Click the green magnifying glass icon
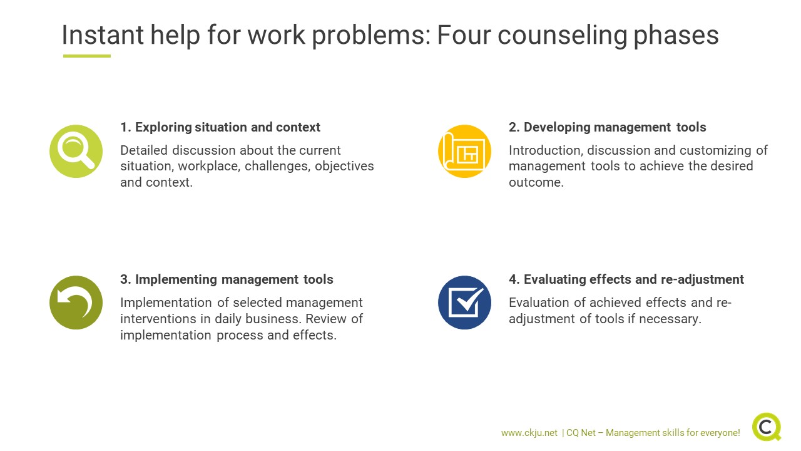pyautogui.click(x=76, y=151)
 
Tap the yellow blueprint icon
pyautogui.click(x=464, y=151)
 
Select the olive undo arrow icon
pyautogui.click(x=76, y=303)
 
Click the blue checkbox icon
pyautogui.click(x=464, y=303)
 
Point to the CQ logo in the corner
pyautogui.click(x=767, y=427)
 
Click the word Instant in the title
pyautogui.click(x=103, y=35)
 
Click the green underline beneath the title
pyautogui.click(x=87, y=56)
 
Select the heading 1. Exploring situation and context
pyautogui.click(x=220, y=127)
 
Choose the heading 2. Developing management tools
pyautogui.click(x=608, y=127)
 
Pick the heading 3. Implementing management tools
pyautogui.click(x=227, y=279)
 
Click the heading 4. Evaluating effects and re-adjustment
pyautogui.click(x=626, y=279)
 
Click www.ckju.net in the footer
pyautogui.click(x=529, y=433)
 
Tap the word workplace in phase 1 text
pyautogui.click(x=209, y=167)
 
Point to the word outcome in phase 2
pyautogui.click(x=536, y=182)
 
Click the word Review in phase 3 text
pyautogui.click(x=326, y=319)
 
